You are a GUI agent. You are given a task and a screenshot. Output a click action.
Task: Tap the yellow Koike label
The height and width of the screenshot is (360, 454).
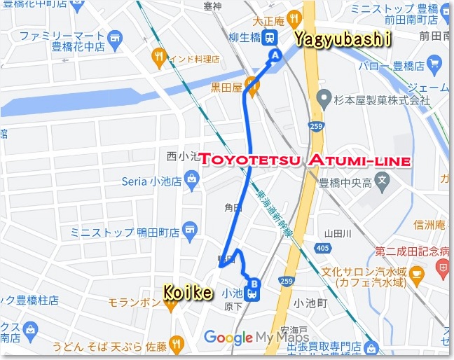(188, 292)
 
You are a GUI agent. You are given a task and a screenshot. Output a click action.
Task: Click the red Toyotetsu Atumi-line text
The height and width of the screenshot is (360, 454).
(306, 160)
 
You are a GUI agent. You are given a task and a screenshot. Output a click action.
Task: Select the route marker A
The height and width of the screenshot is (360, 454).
(275, 55)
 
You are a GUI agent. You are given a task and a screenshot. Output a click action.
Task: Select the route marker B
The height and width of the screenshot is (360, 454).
(254, 284)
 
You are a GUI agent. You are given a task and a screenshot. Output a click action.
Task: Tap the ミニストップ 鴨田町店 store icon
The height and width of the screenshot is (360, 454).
(188, 228)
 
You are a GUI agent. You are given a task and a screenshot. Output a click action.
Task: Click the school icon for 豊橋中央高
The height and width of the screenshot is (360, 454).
(382, 183)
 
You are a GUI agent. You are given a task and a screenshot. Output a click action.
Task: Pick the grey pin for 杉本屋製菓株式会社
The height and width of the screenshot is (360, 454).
(323, 97)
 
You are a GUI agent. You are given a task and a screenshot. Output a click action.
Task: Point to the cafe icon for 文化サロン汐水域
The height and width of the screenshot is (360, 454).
(418, 272)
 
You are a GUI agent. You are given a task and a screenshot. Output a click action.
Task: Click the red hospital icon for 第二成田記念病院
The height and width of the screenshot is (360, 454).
(443, 267)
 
